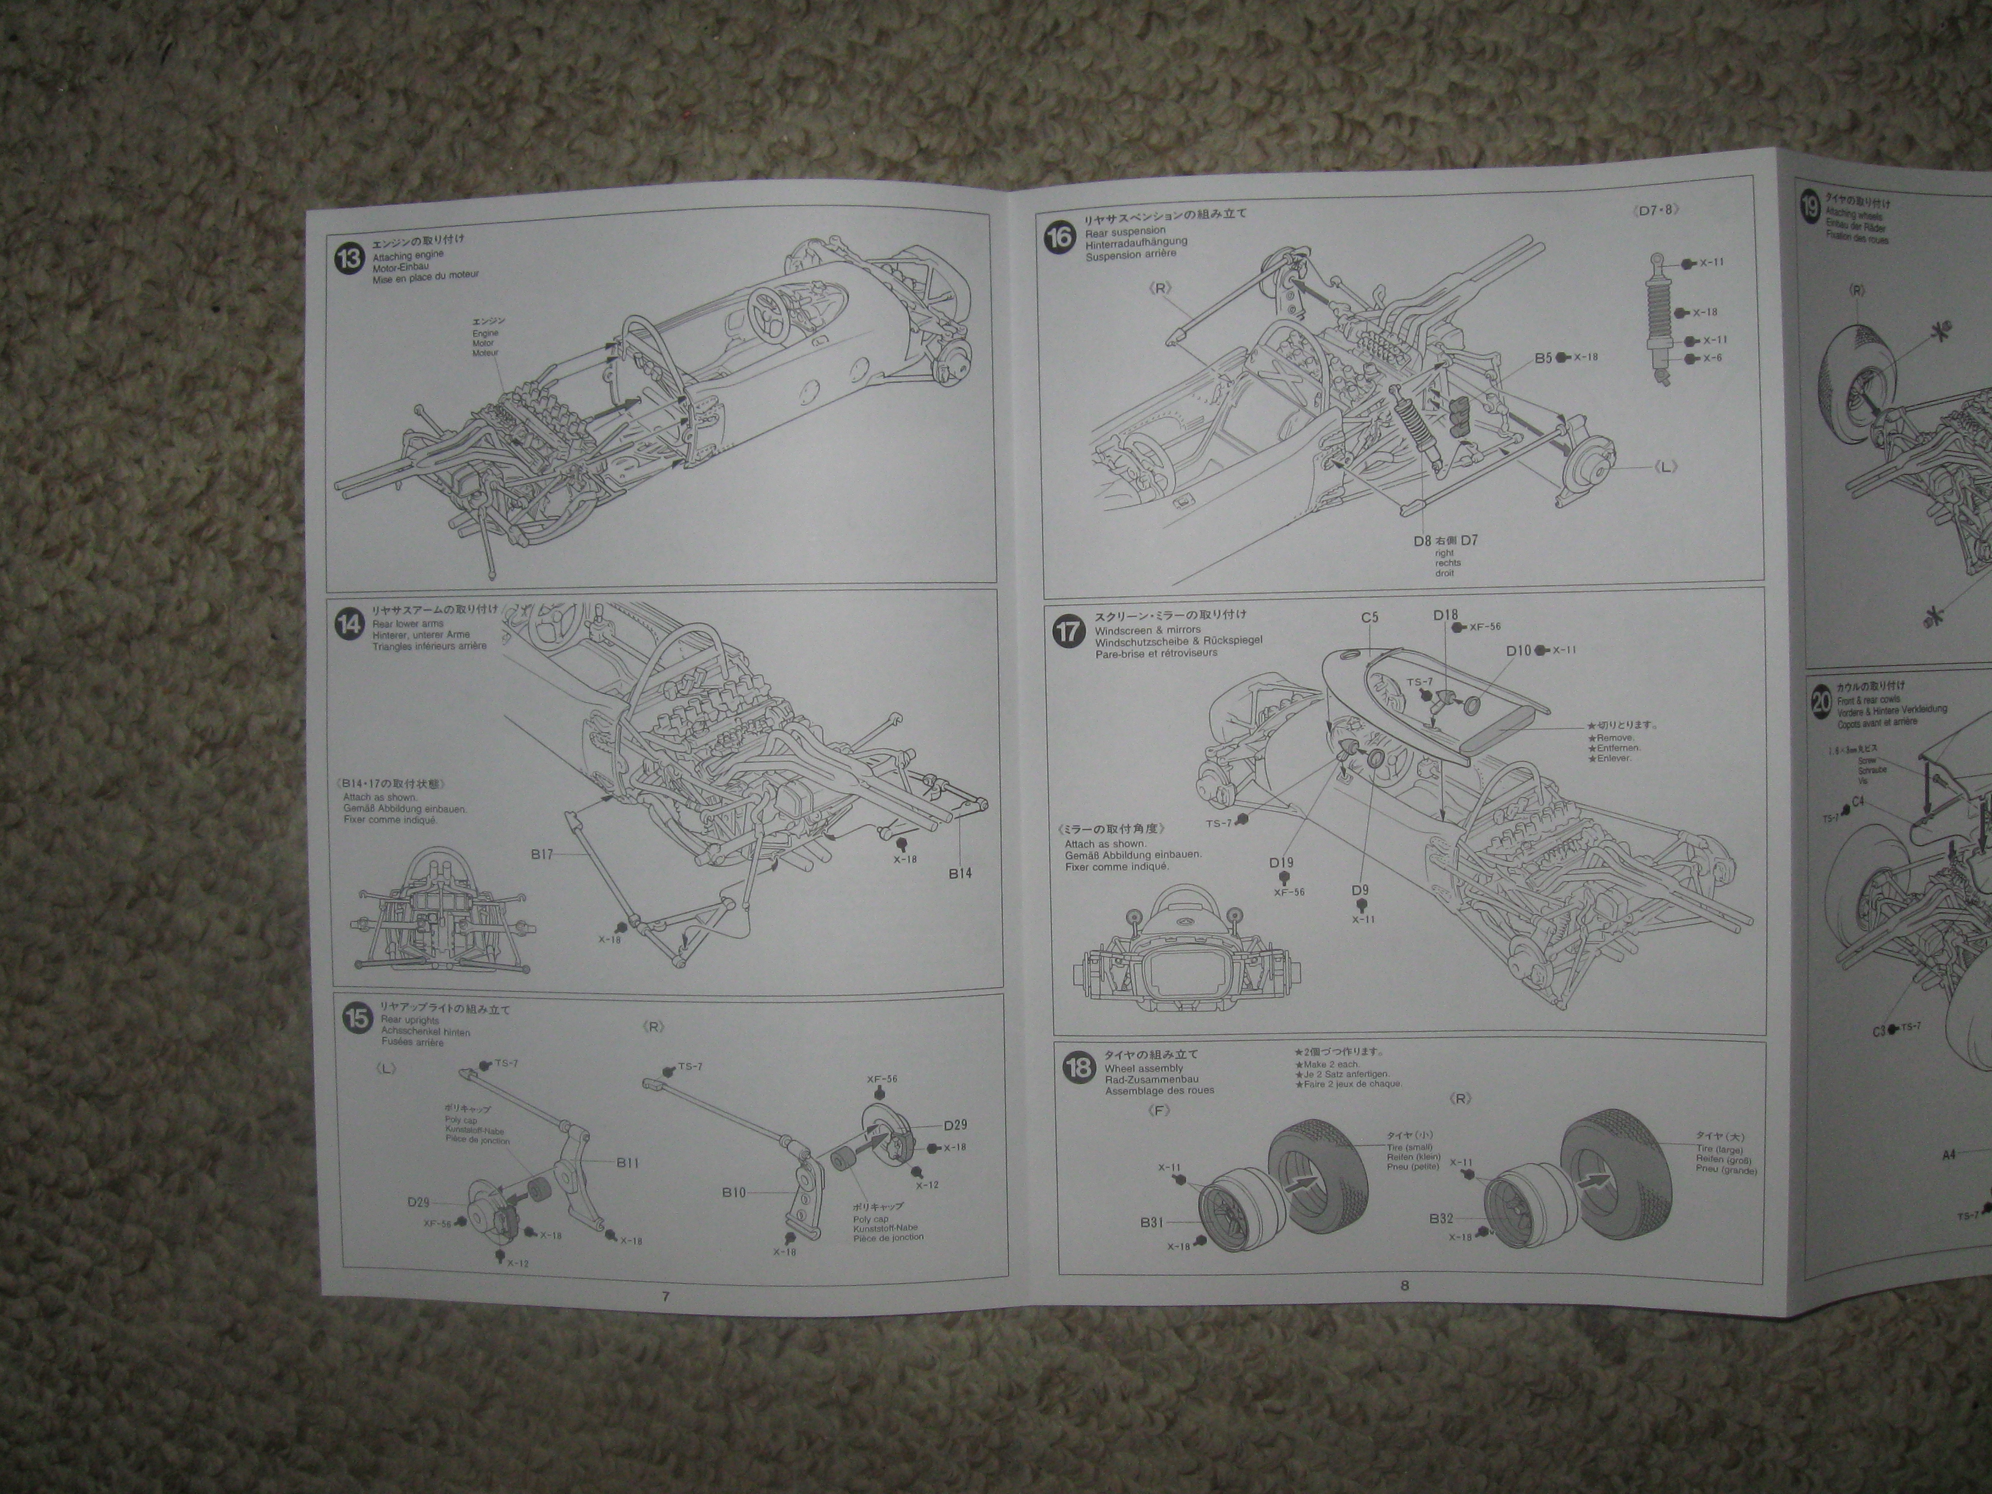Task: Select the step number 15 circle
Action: (358, 1019)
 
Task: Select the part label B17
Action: (542, 854)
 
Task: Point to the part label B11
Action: (627, 1163)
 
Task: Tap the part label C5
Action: (1370, 618)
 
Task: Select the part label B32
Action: (1441, 1218)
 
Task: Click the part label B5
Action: (1543, 358)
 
